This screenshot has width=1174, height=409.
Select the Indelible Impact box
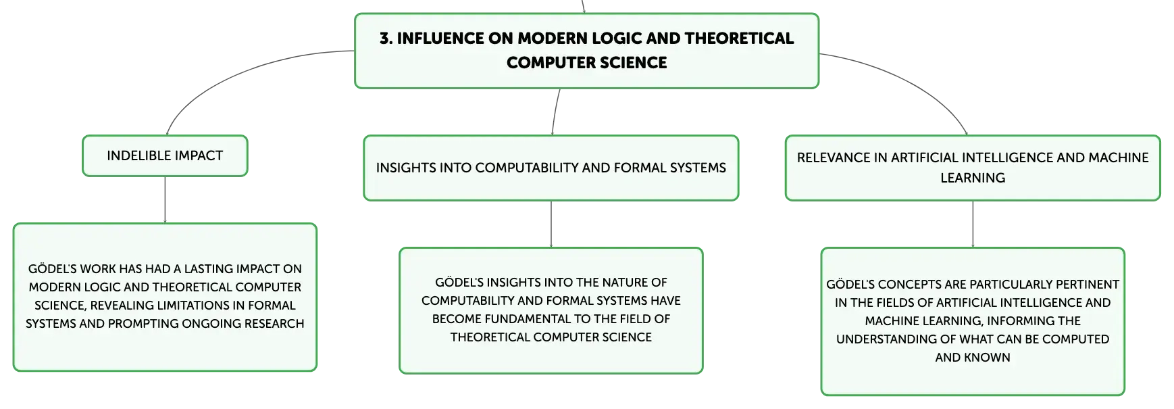[165, 156]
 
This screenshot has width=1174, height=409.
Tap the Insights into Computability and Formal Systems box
[551, 168]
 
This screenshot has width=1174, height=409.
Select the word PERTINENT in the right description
[1088, 285]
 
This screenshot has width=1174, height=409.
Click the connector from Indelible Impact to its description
[165, 200]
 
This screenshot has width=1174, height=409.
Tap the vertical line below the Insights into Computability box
[551, 224]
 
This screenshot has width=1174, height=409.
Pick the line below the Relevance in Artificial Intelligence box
[973, 224]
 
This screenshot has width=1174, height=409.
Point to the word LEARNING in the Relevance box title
[973, 178]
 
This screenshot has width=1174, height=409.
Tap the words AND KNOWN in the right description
[973, 358]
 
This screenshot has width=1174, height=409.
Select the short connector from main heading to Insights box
[555, 112]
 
